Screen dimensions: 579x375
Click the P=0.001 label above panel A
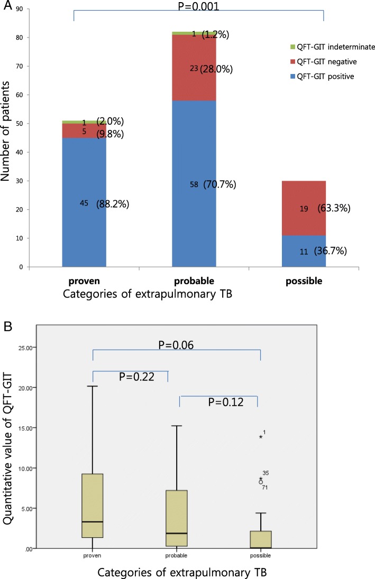tap(198, 7)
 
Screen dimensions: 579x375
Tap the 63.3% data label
tap(332, 209)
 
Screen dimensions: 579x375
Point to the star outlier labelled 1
tap(260, 437)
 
